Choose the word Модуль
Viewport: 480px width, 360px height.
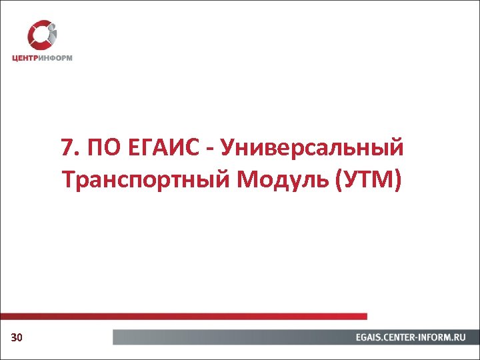271,180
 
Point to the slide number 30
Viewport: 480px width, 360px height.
17,339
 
